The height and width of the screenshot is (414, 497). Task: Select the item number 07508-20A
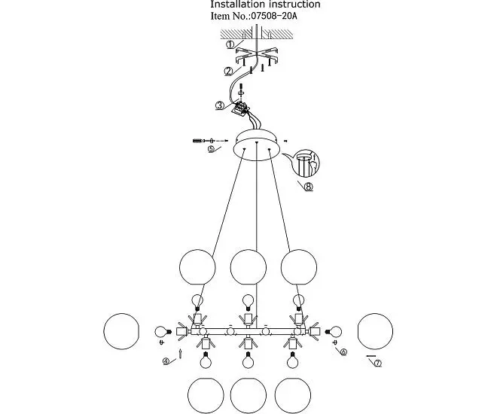274,16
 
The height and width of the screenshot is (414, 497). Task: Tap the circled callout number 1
230,45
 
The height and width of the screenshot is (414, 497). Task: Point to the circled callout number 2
229,72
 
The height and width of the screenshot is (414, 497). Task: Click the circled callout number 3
220,105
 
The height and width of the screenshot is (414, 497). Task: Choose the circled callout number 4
166,361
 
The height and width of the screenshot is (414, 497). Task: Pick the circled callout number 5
212,149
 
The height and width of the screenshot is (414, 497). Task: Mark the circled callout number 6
343,352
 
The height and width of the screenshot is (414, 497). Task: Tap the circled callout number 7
377,364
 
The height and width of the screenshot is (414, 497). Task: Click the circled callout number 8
309,187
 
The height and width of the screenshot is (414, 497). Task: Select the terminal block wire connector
242,108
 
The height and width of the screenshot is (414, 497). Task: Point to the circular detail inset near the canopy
306,163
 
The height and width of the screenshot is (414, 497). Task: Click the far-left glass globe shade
121,331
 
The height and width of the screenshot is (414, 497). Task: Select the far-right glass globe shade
375,331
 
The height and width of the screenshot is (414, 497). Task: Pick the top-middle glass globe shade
248,267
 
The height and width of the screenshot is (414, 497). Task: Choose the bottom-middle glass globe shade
248,396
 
